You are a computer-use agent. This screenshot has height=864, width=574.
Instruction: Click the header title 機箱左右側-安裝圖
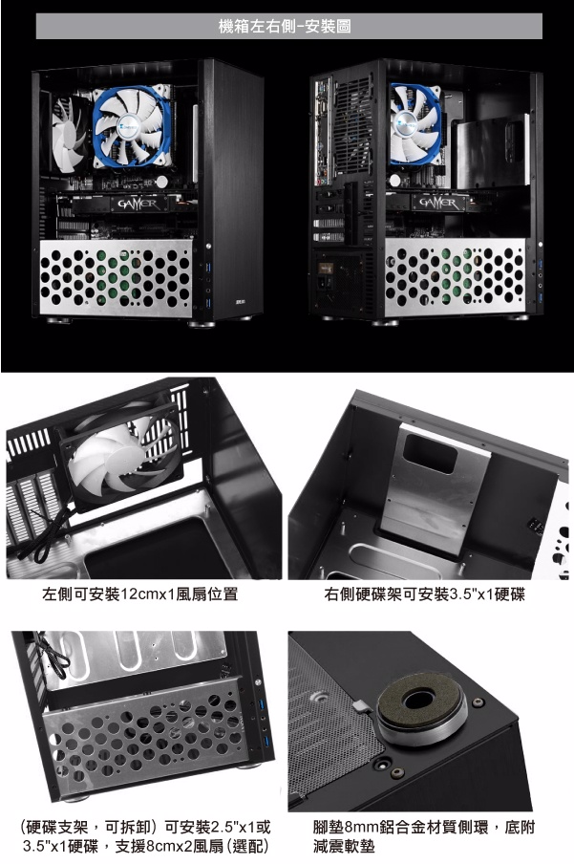point(285,26)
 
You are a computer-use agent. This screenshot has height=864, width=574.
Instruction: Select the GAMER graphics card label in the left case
point(138,205)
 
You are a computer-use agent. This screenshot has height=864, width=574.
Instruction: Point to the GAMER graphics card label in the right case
point(439,203)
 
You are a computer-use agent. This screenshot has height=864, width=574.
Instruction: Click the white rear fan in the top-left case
point(68,134)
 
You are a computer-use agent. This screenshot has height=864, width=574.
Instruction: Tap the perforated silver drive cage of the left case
point(116,278)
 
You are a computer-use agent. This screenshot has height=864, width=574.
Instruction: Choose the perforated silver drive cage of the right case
point(456,277)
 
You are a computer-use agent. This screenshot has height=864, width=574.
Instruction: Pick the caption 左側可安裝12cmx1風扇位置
point(139,594)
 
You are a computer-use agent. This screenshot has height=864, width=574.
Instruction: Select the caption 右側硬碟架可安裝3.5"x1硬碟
point(425,594)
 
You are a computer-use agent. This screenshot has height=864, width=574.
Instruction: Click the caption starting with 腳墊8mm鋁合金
point(424,836)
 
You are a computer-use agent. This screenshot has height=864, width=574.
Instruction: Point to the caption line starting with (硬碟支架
point(145,827)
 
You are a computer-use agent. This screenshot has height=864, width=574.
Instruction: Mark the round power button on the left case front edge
point(208,246)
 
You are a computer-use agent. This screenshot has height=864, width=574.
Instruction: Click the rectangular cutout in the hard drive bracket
point(430,453)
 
